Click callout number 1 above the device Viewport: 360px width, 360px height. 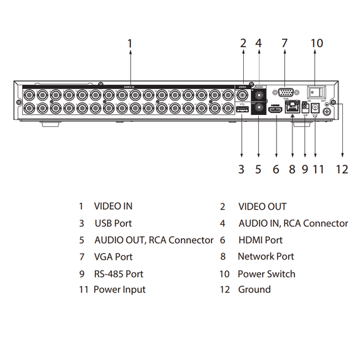(x=129, y=44)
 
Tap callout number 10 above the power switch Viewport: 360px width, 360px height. (x=316, y=44)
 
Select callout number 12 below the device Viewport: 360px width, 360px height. (x=342, y=169)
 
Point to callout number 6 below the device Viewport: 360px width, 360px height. (x=275, y=169)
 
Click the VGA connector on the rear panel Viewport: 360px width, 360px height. (x=285, y=92)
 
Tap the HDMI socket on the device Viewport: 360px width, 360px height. (x=275, y=110)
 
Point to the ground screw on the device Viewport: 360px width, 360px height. (x=328, y=112)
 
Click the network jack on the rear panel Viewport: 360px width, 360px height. (x=292, y=109)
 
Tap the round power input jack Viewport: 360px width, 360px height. (x=316, y=108)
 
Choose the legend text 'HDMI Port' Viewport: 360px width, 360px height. (x=260, y=240)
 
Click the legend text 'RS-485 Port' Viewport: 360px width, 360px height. (x=119, y=274)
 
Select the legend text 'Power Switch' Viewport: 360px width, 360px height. (x=266, y=274)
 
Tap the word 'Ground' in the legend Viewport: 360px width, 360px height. (x=254, y=290)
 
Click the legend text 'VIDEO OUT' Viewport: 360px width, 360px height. (x=262, y=207)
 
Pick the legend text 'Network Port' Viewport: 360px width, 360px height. (x=265, y=256)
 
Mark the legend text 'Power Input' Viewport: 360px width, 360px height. (x=119, y=290)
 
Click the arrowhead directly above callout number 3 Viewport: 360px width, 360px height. (x=242, y=153)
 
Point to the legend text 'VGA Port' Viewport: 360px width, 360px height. (x=113, y=257)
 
